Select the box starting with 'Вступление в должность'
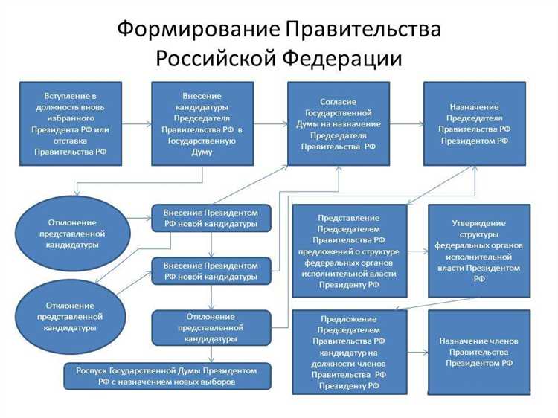[x=71, y=123]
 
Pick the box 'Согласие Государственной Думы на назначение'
[x=338, y=123]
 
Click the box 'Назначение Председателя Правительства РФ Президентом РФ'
[x=476, y=123]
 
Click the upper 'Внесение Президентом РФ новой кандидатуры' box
[x=211, y=218]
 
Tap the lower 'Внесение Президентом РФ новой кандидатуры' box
[x=211, y=271]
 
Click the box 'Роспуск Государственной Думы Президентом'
[x=167, y=376]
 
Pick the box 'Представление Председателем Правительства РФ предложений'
[x=349, y=251]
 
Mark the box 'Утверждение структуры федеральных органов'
[x=478, y=251]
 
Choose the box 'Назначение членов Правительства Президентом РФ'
[x=478, y=351]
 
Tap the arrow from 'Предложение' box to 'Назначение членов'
[x=417, y=352]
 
